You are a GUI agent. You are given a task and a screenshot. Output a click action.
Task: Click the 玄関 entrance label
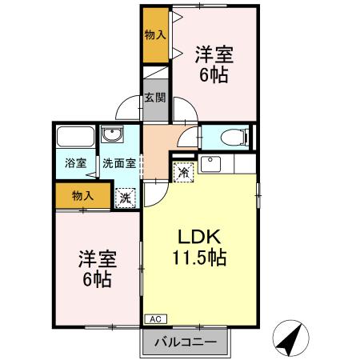coord(155,98)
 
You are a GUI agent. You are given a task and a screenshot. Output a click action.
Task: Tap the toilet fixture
coord(235,138)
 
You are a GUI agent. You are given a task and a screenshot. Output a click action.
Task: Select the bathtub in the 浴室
coord(76,137)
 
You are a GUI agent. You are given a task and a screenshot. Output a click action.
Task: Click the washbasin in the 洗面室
coord(113,134)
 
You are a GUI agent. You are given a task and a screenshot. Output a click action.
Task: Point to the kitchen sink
coord(210,164)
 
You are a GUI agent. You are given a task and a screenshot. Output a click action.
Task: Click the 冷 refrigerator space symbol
coord(183,173)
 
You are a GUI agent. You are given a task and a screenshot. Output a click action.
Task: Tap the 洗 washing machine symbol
coord(126,198)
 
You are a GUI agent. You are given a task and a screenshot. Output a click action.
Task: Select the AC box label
coord(155,319)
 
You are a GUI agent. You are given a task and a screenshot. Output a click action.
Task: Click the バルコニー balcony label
coord(186,342)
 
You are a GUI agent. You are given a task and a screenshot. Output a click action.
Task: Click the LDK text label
coord(199,237)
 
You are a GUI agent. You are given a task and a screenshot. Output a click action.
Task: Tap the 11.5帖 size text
coord(200,258)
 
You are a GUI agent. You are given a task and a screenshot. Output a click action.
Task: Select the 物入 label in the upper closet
coord(155,34)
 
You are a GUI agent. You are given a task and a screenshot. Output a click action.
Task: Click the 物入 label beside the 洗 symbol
coord(82,196)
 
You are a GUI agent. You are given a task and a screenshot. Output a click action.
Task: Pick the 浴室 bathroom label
coord(76,163)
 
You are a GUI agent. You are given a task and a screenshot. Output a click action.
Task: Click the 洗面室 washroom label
coord(119,163)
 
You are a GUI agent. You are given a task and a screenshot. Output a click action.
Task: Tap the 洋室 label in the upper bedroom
coord(214,54)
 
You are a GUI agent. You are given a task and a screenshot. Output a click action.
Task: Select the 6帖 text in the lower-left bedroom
coord(97,279)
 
